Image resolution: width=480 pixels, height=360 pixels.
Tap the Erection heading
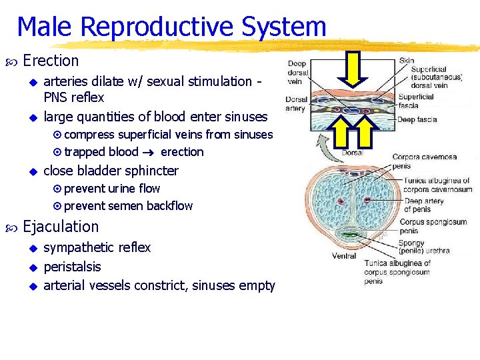(51, 61)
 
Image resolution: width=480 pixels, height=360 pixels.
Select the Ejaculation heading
(61, 227)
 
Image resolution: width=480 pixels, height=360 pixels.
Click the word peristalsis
(72, 267)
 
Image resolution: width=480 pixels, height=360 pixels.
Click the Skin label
(407, 61)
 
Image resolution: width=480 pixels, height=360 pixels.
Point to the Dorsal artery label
(295, 104)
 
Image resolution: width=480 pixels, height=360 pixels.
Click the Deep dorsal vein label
(297, 73)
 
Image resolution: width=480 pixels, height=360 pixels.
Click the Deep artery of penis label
(424, 205)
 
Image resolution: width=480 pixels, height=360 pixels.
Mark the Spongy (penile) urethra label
(424, 247)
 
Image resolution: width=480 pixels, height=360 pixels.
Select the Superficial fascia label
(417, 101)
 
